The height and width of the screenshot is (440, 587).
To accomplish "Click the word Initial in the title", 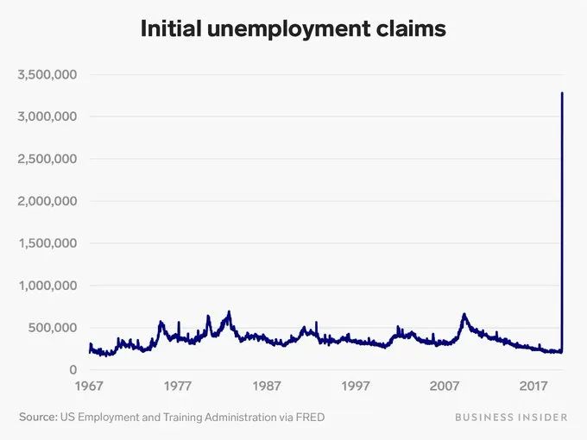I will click(x=169, y=29).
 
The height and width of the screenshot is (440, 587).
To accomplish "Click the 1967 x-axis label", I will click(x=89, y=386).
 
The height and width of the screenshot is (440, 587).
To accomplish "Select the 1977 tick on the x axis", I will click(x=178, y=386).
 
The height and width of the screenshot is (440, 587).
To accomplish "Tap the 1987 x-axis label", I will click(x=267, y=386).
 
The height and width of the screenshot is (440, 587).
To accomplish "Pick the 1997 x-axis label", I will click(x=356, y=386).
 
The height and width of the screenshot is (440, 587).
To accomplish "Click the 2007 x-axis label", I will click(x=445, y=386).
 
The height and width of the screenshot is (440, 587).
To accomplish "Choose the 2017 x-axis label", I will click(x=534, y=386).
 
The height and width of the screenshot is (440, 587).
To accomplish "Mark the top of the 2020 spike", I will click(x=563, y=93).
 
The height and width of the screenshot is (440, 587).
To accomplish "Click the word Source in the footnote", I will click(x=37, y=418).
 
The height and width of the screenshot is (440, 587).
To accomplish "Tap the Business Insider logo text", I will click(x=511, y=418).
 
